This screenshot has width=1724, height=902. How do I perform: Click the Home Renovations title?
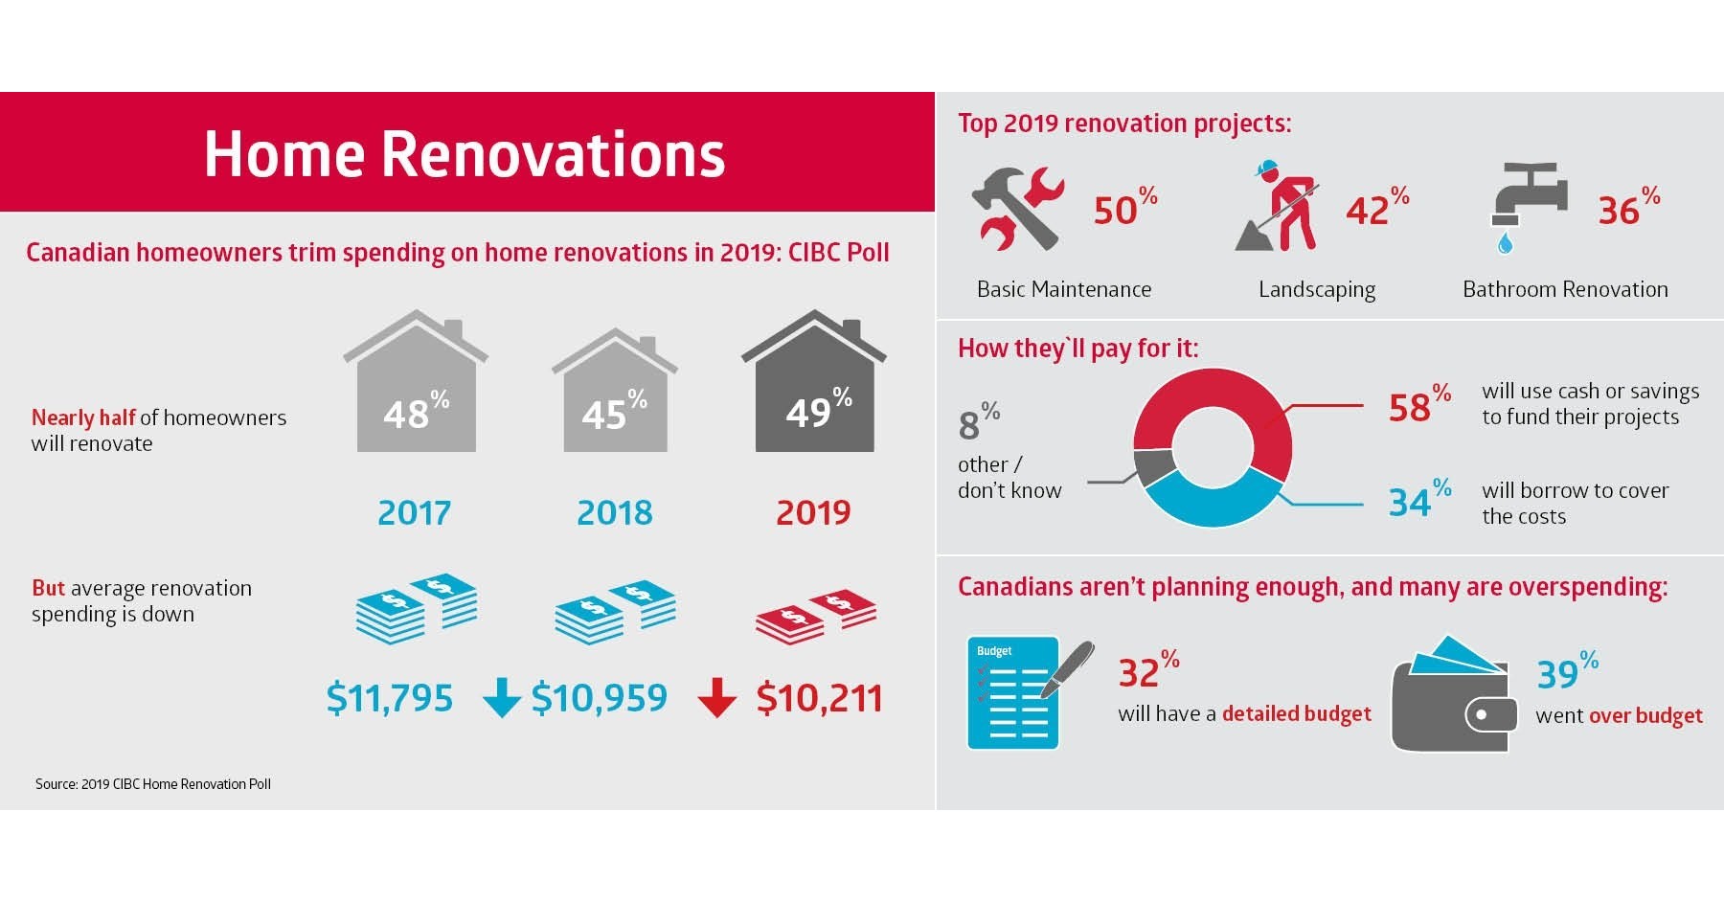pos(465,153)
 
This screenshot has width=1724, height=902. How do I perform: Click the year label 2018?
pos(614,512)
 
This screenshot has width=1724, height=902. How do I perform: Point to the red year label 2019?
pos(813,512)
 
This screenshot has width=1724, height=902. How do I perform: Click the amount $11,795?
pos(389,697)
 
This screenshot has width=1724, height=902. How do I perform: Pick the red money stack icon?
pos(815,617)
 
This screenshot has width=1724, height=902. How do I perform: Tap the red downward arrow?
pos(716,698)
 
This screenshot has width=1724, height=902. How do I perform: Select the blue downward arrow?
pos(501,698)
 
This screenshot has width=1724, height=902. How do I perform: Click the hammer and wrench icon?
pos(1017,209)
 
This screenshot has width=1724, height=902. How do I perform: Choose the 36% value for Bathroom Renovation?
pos(1626,208)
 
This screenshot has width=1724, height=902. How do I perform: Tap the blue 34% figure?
pos(1418,500)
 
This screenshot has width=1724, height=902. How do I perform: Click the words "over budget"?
pos(1645,715)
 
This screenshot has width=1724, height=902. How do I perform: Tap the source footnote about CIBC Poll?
pos(153,783)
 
